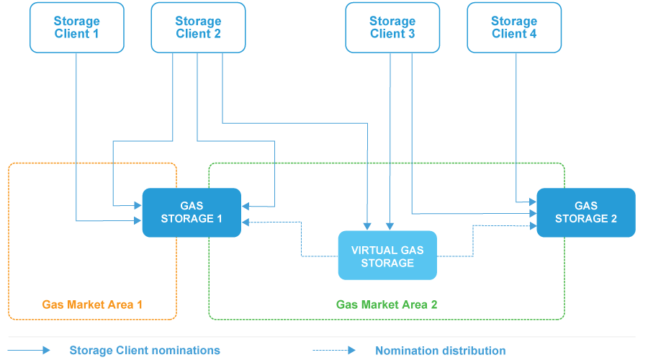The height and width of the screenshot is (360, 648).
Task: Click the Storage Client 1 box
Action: pyautogui.click(x=76, y=27)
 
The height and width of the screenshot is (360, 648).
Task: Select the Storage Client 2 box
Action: pyautogui.click(x=198, y=27)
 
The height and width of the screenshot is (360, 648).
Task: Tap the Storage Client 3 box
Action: pyautogui.click(x=392, y=27)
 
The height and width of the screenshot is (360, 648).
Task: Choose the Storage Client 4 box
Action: pyautogui.click(x=513, y=27)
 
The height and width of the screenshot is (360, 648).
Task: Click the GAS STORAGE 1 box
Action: pyautogui.click(x=191, y=212)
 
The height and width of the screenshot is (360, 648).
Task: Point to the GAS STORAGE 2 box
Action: pyautogui.click(x=586, y=212)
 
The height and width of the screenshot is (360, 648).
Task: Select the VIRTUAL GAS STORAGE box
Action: pyautogui.click(x=387, y=256)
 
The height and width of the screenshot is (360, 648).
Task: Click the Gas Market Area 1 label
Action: pyautogui.click(x=92, y=305)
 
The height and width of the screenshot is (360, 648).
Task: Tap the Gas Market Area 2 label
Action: pyautogui.click(x=387, y=305)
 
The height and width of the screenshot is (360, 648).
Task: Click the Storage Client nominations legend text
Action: pyautogui.click(x=145, y=351)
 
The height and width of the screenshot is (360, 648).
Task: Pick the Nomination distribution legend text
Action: pyautogui.click(x=440, y=351)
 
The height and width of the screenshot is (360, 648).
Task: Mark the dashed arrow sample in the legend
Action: pyautogui.click(x=334, y=351)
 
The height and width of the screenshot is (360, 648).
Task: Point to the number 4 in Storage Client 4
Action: pyautogui.click(x=534, y=34)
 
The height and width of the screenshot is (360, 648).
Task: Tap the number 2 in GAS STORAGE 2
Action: pyautogui.click(x=613, y=219)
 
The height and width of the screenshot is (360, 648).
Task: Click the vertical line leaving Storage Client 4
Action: pyautogui.click(x=516, y=122)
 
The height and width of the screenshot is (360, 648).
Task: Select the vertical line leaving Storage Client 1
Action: pyautogui.click(x=76, y=130)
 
